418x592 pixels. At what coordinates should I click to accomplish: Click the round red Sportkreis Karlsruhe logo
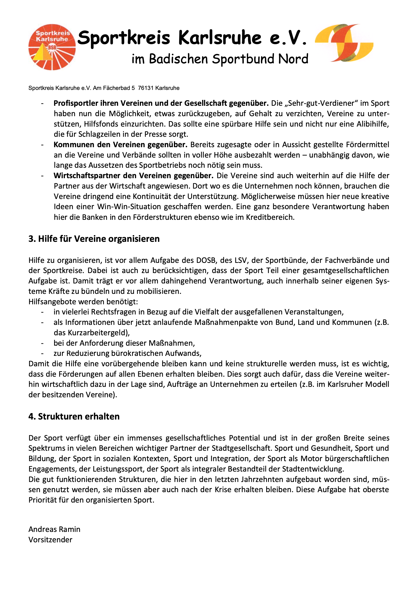(x=52, y=47)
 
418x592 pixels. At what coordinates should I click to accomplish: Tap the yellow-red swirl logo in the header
(x=344, y=43)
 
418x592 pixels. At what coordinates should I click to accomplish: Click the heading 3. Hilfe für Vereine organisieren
(x=94, y=239)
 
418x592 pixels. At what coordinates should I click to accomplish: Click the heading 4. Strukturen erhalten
(x=74, y=416)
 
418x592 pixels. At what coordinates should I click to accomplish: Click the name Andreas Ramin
(x=55, y=529)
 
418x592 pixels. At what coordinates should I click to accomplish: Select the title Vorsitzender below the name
(x=50, y=540)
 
